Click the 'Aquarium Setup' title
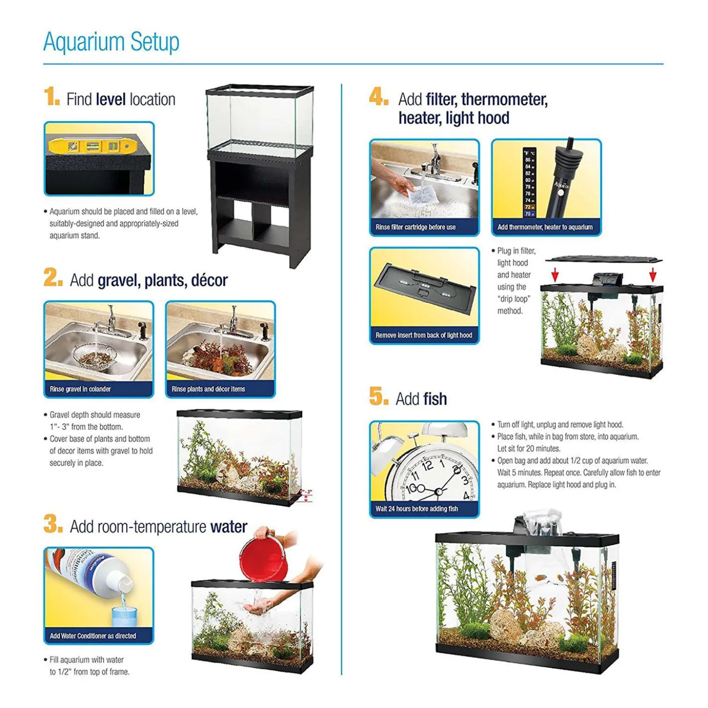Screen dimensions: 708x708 pyautogui.click(x=111, y=42)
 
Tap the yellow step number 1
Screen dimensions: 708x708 pyautogui.click(x=51, y=96)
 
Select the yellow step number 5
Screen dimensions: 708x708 pyautogui.click(x=378, y=396)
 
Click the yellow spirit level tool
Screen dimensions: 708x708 pyautogui.click(x=95, y=145)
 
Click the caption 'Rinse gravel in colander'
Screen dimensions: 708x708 pyautogui.click(x=80, y=389)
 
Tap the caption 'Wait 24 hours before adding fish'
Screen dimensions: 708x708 pyautogui.click(x=417, y=509)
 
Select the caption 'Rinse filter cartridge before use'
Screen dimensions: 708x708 pyautogui.click(x=416, y=227)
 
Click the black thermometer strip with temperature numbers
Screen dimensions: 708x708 pyautogui.click(x=529, y=183)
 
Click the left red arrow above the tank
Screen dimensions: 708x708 pyautogui.click(x=555, y=275)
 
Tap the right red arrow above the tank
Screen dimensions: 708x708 pyautogui.click(x=653, y=274)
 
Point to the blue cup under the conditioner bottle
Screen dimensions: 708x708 pyautogui.click(x=124, y=617)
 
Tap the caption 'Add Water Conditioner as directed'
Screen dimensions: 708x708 pyautogui.click(x=93, y=636)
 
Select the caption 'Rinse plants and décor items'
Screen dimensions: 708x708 pyautogui.click(x=208, y=389)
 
